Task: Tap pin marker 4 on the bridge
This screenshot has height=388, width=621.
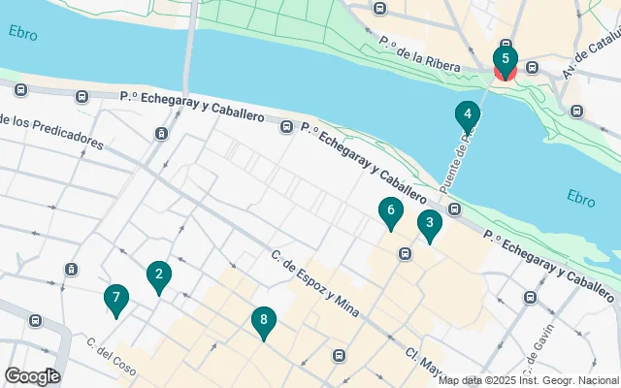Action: click(468, 115)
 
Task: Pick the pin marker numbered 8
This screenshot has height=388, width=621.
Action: click(263, 321)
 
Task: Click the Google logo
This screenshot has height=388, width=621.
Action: click(32, 376)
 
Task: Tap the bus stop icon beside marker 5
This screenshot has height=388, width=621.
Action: click(533, 68)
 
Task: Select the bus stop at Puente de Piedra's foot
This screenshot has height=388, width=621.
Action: click(454, 210)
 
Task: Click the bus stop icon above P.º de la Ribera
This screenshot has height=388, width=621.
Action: click(379, 9)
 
